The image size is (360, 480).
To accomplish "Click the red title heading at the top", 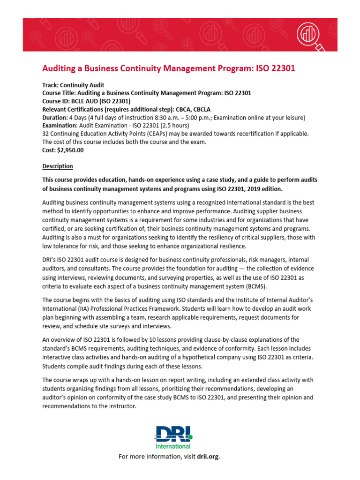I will coord(169,69).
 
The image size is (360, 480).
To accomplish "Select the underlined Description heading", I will coord(58,166).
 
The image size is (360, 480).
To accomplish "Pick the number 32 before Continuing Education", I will coord(46,134).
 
